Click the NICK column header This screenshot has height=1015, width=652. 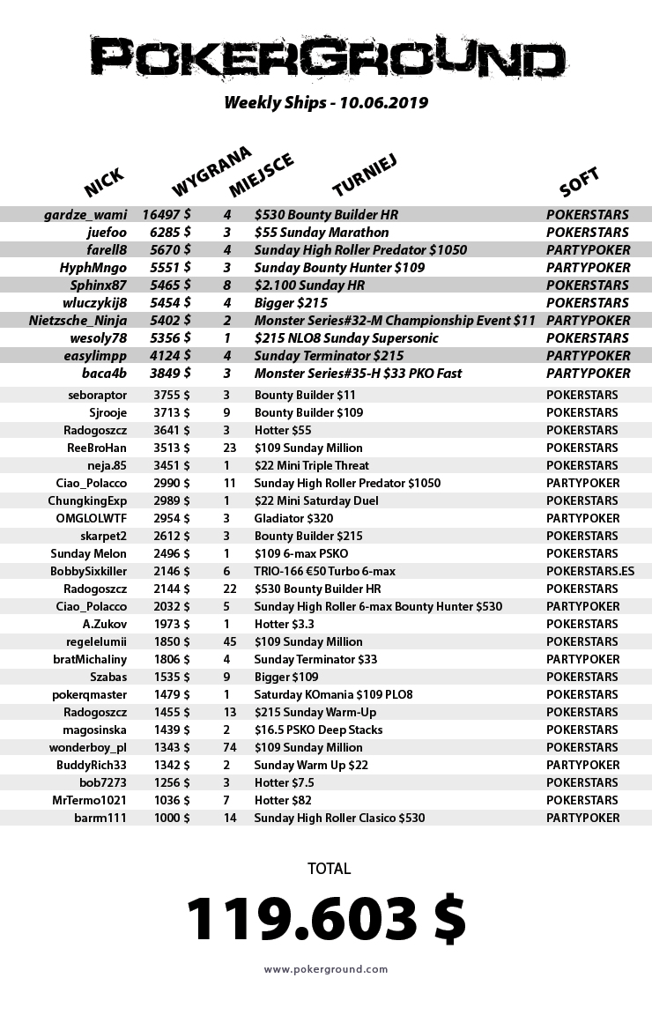click(x=104, y=183)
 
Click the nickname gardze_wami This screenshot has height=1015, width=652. click(x=85, y=214)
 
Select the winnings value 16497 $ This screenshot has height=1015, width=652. click(x=167, y=214)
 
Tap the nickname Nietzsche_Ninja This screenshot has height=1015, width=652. click(x=78, y=320)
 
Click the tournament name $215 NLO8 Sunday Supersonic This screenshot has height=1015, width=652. click(x=346, y=337)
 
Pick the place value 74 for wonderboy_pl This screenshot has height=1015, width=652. click(x=230, y=747)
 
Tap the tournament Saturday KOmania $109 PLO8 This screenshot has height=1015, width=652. click(x=333, y=694)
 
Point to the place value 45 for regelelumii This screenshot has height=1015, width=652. click(x=230, y=641)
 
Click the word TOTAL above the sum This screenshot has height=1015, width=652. click(x=329, y=869)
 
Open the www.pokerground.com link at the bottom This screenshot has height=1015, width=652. click(x=326, y=969)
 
